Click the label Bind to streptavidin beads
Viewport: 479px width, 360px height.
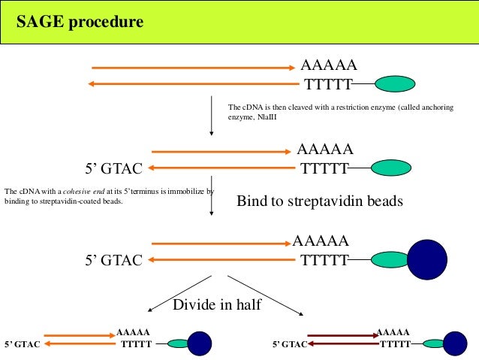[320, 201]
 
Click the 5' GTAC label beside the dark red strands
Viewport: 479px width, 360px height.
[289, 345]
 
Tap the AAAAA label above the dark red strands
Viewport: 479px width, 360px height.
[392, 331]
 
